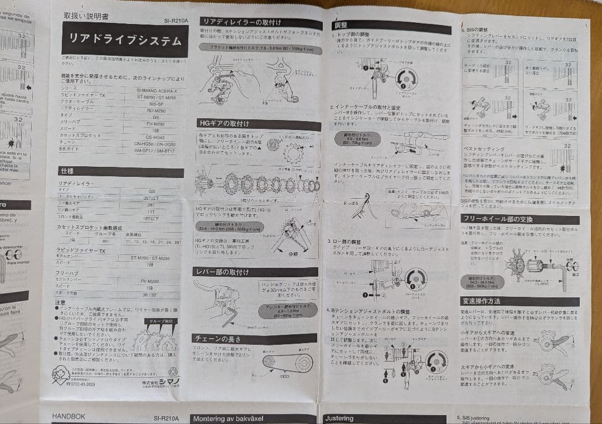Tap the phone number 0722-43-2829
(x=84, y=384)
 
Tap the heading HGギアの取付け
(x=225, y=123)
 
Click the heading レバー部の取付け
(x=222, y=272)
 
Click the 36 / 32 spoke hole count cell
(x=150, y=293)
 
